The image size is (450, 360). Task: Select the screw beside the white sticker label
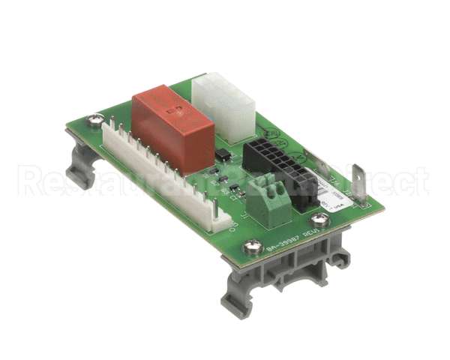(322, 220)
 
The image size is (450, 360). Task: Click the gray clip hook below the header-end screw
(78, 169)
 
